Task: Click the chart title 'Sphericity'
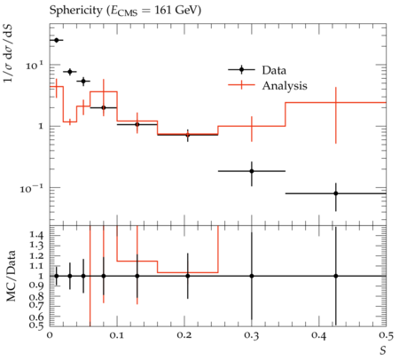coord(75,11)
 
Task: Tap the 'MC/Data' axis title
coord(11,276)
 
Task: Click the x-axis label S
coord(383,350)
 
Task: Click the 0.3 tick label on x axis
coord(252,335)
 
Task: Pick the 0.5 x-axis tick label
coord(387,335)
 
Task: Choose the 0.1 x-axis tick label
coord(117,335)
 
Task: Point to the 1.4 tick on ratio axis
coord(36,235)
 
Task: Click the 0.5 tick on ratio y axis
coord(36,325)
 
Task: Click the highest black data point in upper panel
coord(57,40)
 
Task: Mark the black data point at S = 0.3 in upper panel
coord(252,171)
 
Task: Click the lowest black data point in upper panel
coord(336,193)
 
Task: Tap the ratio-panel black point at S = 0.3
coord(252,276)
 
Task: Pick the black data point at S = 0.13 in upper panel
coord(137,124)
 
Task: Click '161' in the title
coord(162,11)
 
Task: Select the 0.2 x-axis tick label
coord(184,335)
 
